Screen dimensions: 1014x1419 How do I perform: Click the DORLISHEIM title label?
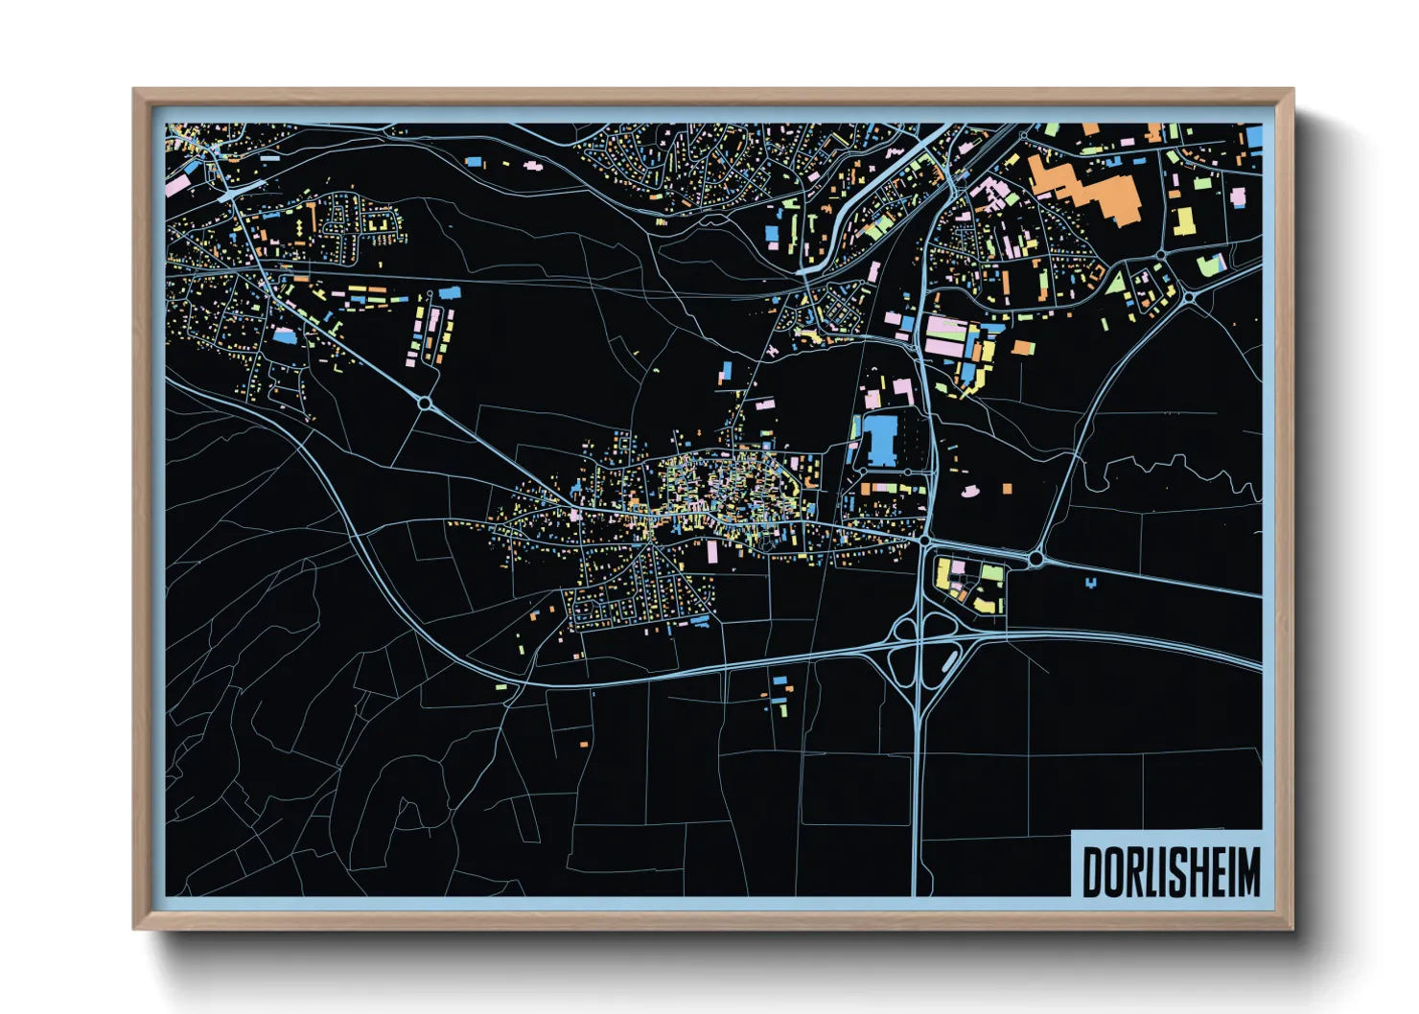[1171, 871]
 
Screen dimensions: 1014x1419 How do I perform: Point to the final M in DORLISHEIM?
[1247, 872]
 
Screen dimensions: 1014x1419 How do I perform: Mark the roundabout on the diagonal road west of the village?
[425, 404]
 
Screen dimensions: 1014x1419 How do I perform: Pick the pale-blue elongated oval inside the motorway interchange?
[949, 660]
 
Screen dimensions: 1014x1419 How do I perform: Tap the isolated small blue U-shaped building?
[1091, 582]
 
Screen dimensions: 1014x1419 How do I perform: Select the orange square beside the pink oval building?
[1007, 489]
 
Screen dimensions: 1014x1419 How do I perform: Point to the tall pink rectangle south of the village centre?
[712, 551]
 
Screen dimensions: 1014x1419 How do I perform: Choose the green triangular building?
[1116, 282]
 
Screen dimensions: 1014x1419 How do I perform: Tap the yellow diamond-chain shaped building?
[299, 226]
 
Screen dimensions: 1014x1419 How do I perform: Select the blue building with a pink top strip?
[285, 335]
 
